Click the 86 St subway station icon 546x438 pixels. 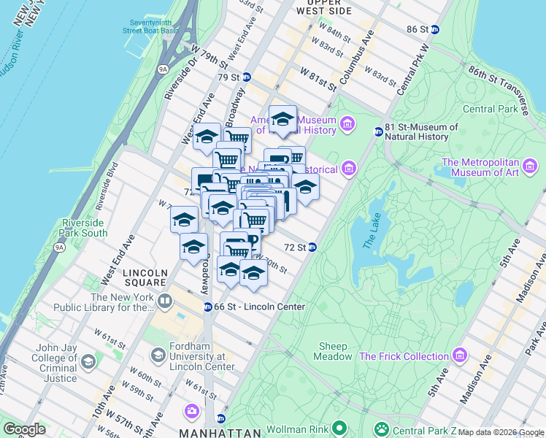point(435,29)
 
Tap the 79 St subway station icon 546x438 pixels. point(247,77)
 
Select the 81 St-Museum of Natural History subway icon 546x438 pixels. point(378,132)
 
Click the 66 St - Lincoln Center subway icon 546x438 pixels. point(208,307)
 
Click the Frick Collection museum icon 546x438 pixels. point(460,356)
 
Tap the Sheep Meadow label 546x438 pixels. point(333,351)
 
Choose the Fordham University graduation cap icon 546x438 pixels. point(158,356)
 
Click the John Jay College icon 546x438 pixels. point(88,362)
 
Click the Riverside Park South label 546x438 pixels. point(85,228)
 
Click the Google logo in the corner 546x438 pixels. point(24,429)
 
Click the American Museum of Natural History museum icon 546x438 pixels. point(346,125)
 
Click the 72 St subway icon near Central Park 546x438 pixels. point(312,247)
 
